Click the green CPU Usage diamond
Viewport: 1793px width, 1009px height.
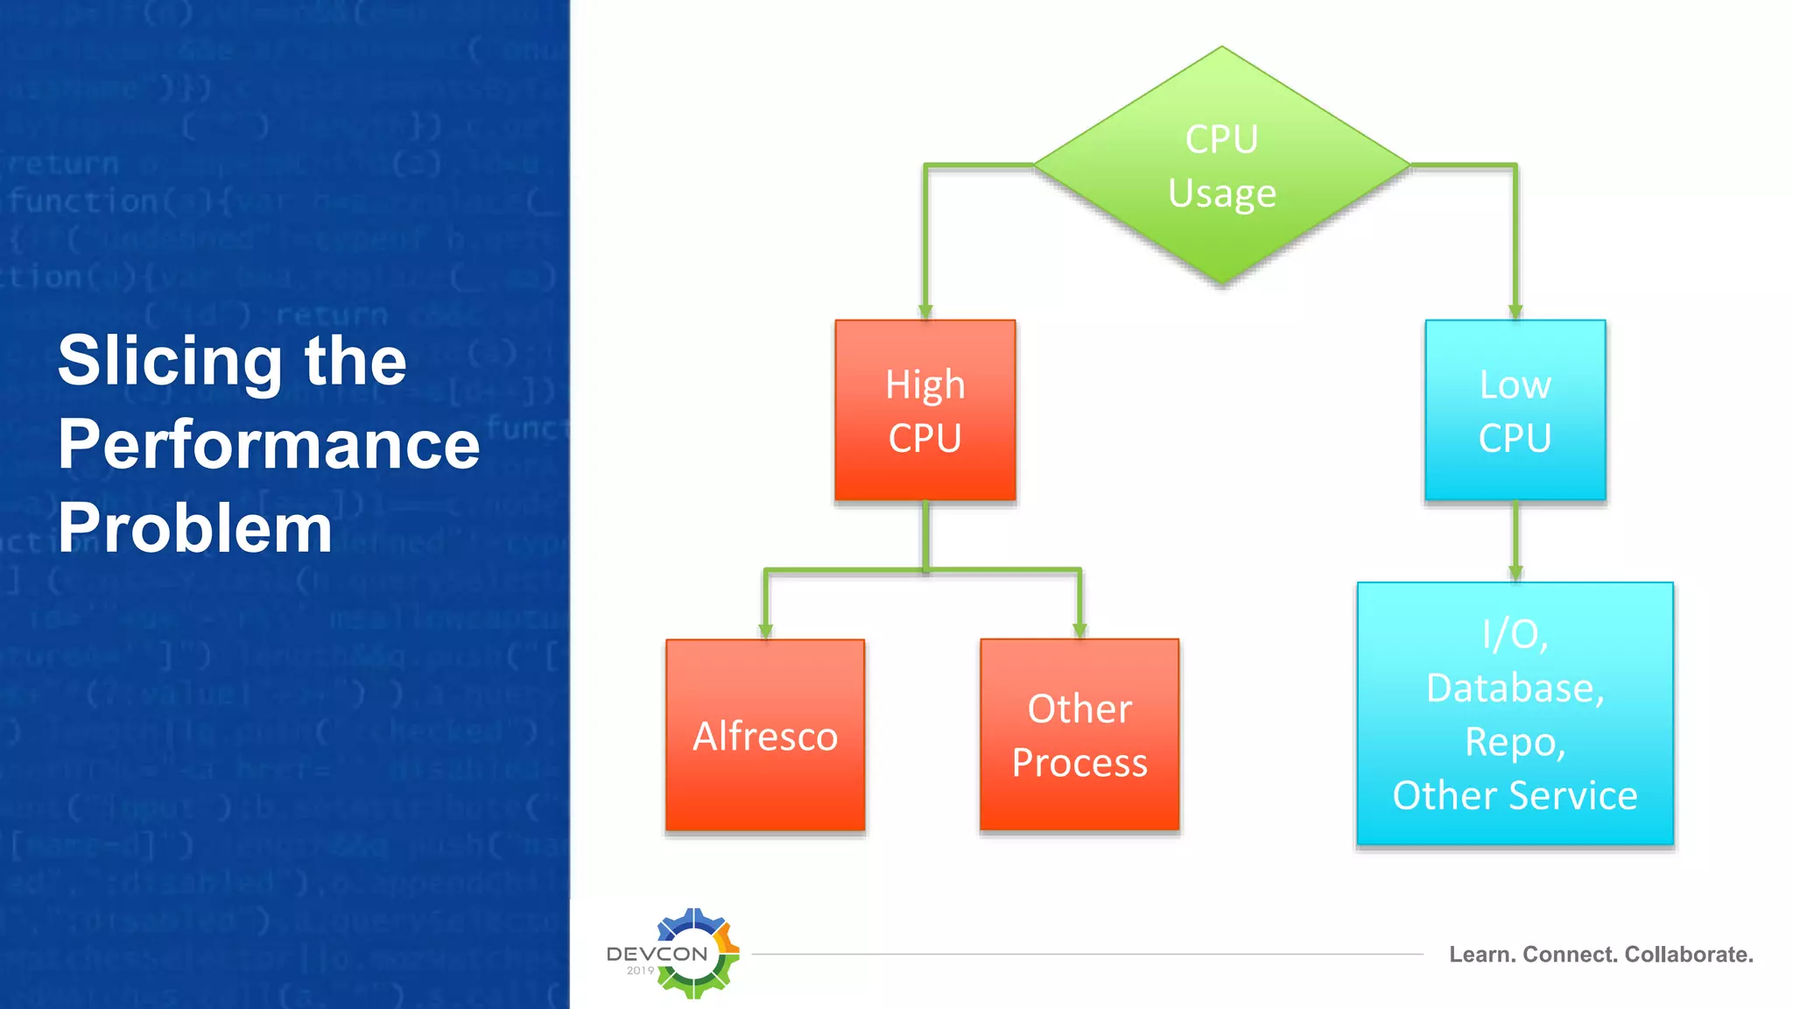1221,166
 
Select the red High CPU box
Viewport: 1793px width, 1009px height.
925,410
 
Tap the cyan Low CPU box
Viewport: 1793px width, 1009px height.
1515,410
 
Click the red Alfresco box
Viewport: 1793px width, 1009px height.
765,735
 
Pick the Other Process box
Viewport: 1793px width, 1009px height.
1079,735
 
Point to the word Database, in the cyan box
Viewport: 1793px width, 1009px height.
1515,688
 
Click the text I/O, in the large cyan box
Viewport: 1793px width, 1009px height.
1515,634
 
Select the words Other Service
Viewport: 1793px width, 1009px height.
1515,795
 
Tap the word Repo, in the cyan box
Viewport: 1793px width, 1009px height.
1515,742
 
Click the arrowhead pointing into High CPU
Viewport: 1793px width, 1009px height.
925,311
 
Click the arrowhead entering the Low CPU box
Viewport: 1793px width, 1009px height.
1515,311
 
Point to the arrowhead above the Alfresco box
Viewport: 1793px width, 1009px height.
766,630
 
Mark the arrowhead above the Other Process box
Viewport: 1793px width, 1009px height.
1079,630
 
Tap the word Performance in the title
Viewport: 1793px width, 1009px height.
269,444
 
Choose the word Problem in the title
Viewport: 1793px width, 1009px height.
195,528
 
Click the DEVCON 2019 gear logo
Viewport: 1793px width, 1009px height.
692,953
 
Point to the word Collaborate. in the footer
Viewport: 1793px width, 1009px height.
1689,955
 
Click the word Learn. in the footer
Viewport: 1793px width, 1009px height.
1481,955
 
